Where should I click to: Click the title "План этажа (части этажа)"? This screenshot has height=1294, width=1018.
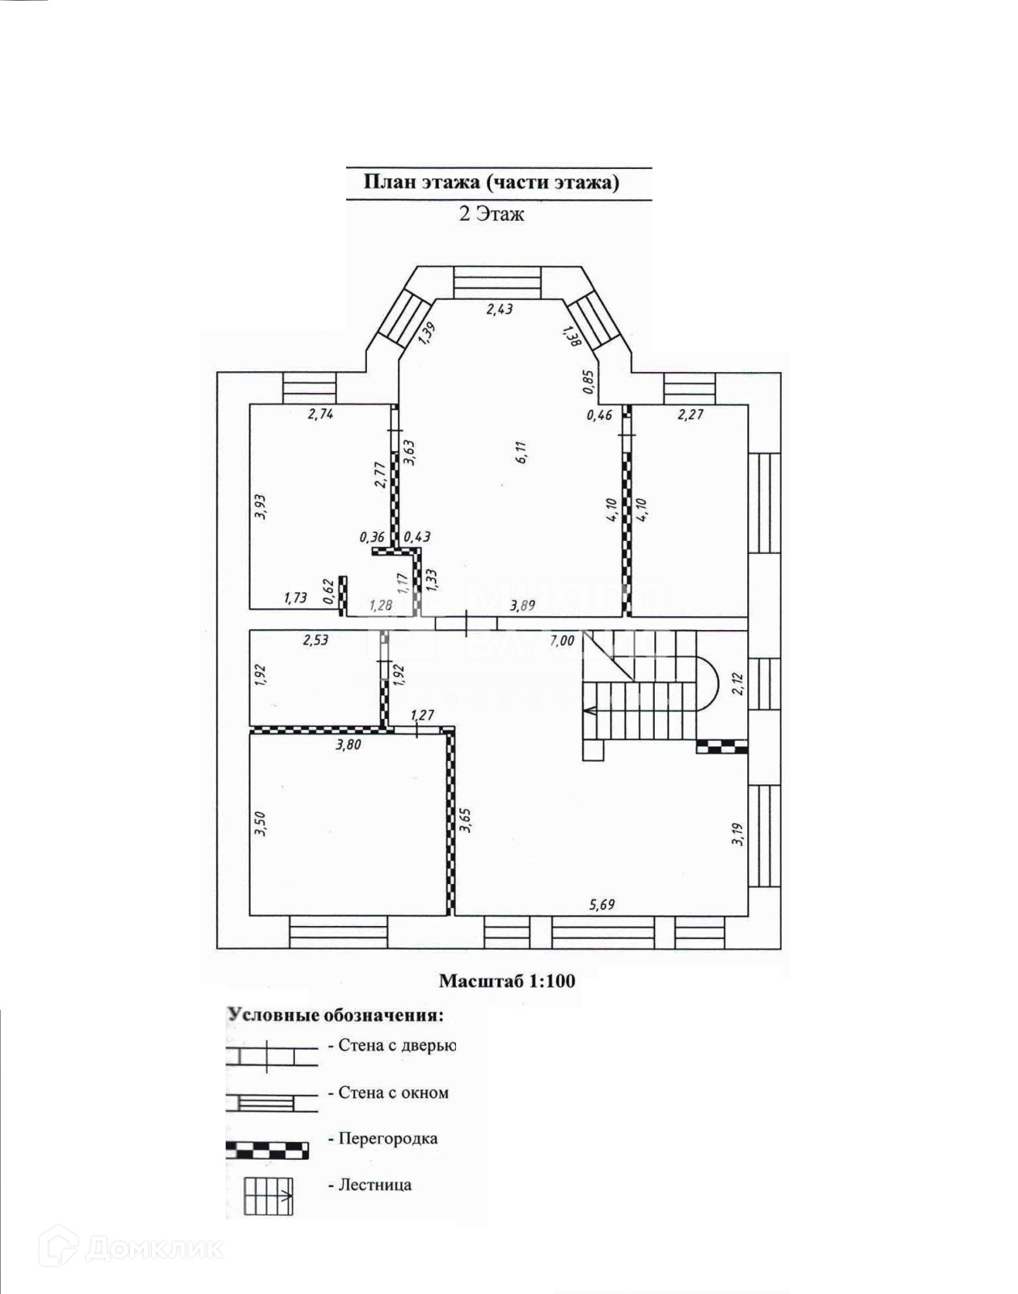pyautogui.click(x=492, y=182)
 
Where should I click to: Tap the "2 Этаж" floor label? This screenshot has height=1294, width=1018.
pyautogui.click(x=492, y=214)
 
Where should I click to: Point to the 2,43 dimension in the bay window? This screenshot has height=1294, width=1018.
pyautogui.click(x=499, y=309)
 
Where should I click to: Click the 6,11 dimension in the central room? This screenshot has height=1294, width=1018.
pyautogui.click(x=522, y=452)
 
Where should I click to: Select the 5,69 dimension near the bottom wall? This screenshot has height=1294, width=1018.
pyautogui.click(x=602, y=904)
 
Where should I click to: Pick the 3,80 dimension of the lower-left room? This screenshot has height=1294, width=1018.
pyautogui.click(x=348, y=745)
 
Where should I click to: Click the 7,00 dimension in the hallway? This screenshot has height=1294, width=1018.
pyautogui.click(x=562, y=641)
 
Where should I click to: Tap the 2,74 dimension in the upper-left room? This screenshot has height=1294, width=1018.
pyautogui.click(x=320, y=414)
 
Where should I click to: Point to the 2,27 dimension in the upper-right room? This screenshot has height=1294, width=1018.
pyautogui.click(x=690, y=415)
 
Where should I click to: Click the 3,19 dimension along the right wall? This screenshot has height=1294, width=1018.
pyautogui.click(x=737, y=834)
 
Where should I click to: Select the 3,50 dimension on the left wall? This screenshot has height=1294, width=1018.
pyautogui.click(x=260, y=823)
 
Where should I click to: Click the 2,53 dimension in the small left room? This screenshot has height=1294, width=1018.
pyautogui.click(x=315, y=641)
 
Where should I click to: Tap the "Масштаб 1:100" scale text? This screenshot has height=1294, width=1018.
pyautogui.click(x=507, y=981)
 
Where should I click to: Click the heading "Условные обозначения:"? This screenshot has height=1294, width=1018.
pyautogui.click(x=336, y=1015)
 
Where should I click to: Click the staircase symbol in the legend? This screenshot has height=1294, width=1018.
pyautogui.click(x=268, y=1195)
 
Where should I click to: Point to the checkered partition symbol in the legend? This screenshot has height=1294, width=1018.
pyautogui.click(x=267, y=1149)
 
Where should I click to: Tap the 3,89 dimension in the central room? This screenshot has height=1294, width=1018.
pyautogui.click(x=522, y=604)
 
